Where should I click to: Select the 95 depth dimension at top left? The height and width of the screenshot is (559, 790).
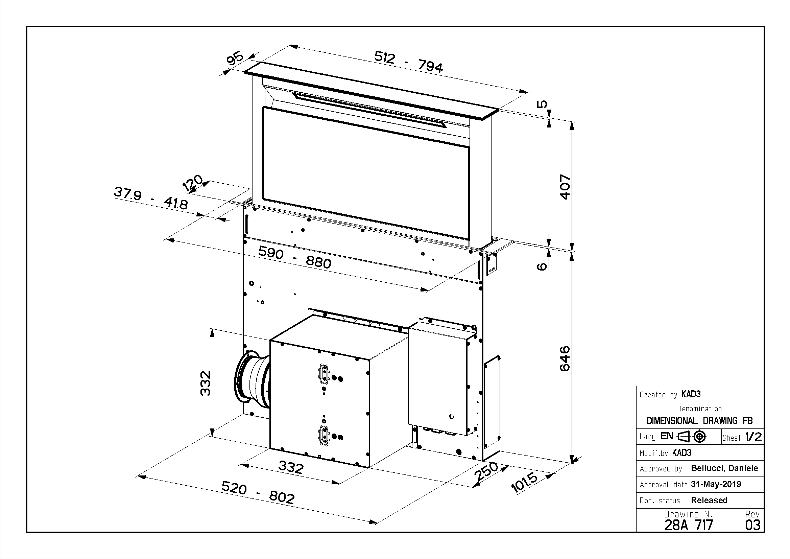coord(235,59)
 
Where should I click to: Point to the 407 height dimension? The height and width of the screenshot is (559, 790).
coord(565,187)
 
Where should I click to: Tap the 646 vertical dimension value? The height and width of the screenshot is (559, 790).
coord(565,359)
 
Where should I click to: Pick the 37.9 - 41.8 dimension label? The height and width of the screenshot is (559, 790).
coord(151,198)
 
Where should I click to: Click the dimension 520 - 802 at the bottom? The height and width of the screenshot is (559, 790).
coord(258,493)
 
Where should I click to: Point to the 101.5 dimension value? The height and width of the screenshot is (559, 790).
coord(524,482)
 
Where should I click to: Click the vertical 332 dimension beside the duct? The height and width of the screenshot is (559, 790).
coord(206,383)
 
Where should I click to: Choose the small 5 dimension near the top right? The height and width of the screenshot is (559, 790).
coord(542,103)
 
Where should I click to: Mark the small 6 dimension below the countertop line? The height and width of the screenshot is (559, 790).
coord(542,266)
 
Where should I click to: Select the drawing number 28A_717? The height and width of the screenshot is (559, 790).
coord(689,525)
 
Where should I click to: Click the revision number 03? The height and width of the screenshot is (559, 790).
coord(752,525)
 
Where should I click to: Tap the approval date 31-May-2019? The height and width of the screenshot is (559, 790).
coord(716,484)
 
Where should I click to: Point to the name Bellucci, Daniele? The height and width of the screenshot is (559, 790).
coord(724,468)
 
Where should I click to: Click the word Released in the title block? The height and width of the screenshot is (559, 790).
coord(709,500)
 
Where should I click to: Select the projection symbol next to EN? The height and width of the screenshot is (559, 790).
coord(692,437)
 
